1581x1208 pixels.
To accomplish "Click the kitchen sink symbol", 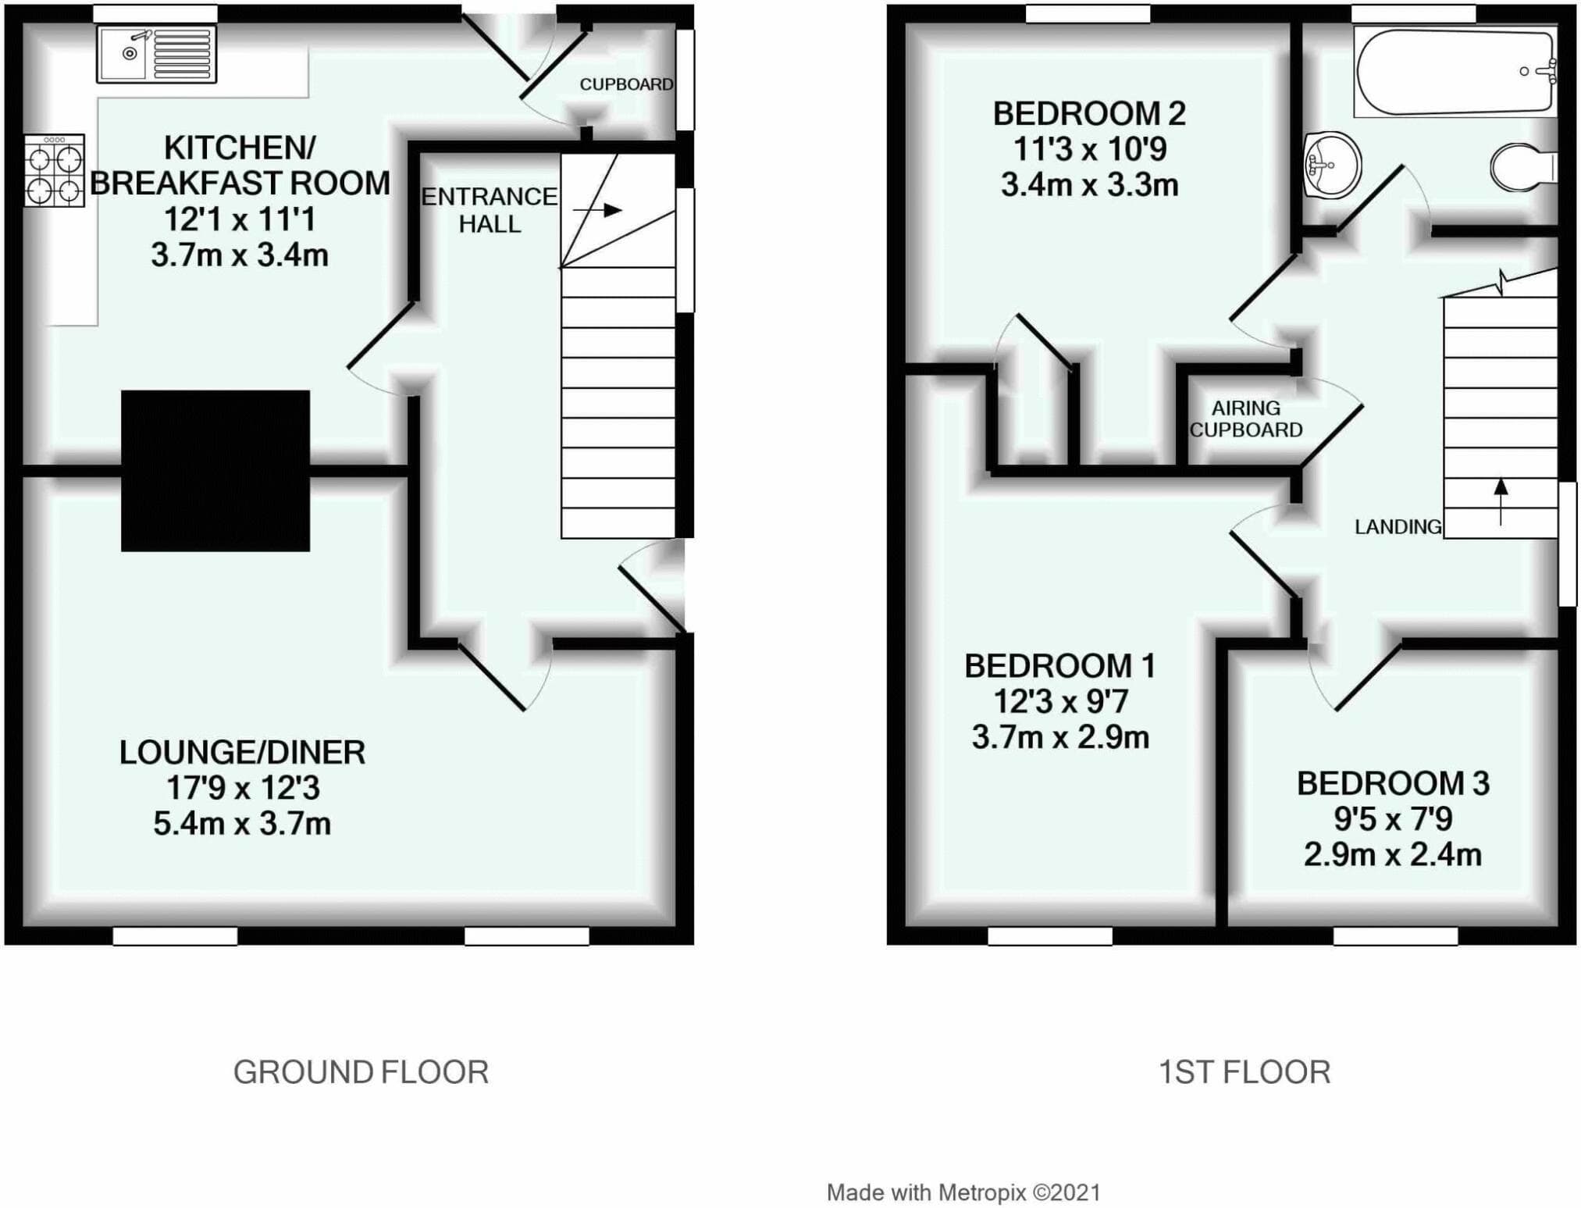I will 156,55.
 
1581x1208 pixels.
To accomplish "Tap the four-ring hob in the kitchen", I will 54,170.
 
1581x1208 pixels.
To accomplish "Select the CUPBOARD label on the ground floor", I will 626,84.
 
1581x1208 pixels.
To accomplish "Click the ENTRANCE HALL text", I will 490,210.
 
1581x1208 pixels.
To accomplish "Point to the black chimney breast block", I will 215,471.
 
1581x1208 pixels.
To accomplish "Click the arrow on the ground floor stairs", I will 597,210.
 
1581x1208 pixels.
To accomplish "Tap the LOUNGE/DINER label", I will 242,753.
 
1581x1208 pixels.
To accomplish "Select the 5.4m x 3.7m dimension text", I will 242,824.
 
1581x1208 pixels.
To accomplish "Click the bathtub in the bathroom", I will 1455,72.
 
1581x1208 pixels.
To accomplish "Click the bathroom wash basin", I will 1332,166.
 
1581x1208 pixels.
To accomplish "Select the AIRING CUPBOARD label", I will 1246,419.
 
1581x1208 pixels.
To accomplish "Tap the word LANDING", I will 1398,527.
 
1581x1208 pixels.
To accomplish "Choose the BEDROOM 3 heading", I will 1393,783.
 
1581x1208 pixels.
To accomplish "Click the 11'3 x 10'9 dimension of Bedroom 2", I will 1089,149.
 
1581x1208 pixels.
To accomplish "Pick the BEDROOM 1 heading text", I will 1059,666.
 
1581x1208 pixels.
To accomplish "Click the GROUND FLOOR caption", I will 361,1072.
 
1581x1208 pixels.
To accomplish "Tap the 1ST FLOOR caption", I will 1244,1072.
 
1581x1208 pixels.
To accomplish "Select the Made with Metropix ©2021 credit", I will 963,1192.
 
